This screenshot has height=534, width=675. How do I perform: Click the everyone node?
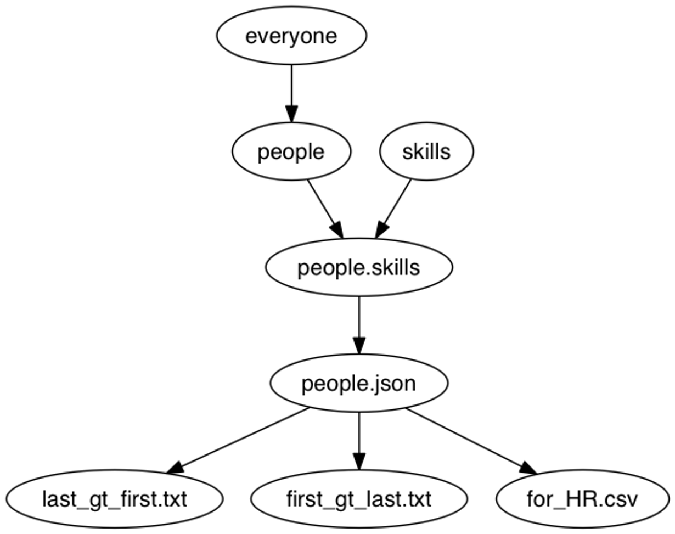(x=291, y=36)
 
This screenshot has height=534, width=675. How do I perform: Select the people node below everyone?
(x=291, y=151)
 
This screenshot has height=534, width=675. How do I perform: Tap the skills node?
(x=426, y=151)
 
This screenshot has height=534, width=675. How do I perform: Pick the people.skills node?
(x=358, y=268)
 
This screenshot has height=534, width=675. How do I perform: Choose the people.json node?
(x=358, y=383)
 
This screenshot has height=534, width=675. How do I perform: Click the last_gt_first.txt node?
(x=115, y=499)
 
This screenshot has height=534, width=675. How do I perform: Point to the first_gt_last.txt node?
(x=358, y=499)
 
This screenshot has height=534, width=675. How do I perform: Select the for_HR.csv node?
(x=582, y=499)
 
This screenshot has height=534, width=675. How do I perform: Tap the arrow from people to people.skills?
(x=322, y=203)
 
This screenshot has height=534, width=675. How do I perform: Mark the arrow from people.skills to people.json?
(x=358, y=321)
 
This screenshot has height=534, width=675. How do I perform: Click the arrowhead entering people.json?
(x=358, y=346)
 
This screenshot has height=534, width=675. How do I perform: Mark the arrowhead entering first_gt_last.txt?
(x=358, y=461)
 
